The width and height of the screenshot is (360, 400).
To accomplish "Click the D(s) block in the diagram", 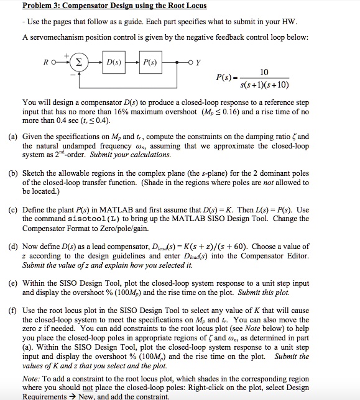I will [x=114, y=63].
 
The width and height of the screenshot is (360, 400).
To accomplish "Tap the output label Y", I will [x=197, y=63].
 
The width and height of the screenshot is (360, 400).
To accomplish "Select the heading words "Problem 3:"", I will [x=42, y=6].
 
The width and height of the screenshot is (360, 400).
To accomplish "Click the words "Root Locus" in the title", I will [x=184, y=6].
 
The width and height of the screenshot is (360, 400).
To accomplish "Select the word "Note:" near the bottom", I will [x=34, y=378].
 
